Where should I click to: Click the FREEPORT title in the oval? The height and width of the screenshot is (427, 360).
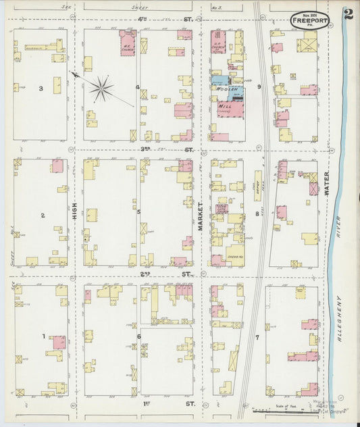click(x=310, y=21)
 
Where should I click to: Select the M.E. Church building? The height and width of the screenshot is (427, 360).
click(x=128, y=46)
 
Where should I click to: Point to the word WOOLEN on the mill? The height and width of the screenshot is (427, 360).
click(x=223, y=89)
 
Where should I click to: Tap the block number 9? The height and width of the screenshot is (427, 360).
click(x=259, y=86)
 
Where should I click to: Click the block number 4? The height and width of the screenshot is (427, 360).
click(x=138, y=86)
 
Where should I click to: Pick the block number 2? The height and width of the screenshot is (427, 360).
click(x=42, y=215)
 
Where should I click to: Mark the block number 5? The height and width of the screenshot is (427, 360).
click(x=138, y=211)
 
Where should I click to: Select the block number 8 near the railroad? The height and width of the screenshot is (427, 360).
click(x=257, y=214)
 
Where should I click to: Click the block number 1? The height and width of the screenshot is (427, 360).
click(x=43, y=336)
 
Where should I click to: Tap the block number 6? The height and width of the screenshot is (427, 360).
click(x=138, y=336)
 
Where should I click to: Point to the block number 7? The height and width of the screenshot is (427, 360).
click(x=257, y=336)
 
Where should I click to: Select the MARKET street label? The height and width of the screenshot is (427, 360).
click(x=201, y=216)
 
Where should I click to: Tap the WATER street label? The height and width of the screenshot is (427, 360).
click(x=326, y=183)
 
